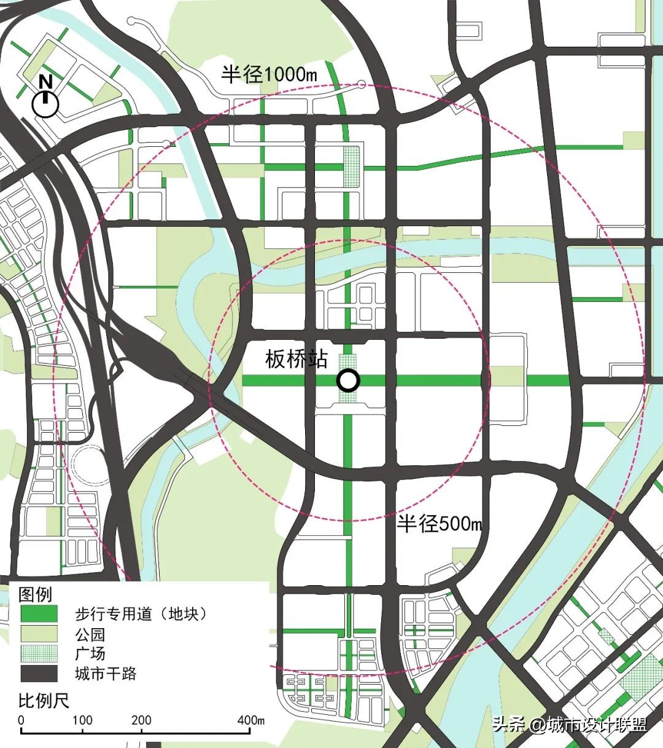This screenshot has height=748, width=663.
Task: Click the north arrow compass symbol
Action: point(45,99)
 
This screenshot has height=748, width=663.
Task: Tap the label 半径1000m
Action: point(269,74)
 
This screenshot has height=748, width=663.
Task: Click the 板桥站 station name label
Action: point(297,360)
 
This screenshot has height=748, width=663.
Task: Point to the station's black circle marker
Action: point(348,381)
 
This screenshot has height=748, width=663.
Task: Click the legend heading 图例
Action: point(36,594)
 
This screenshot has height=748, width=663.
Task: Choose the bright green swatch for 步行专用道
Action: point(39,613)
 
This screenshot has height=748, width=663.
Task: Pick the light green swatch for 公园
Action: point(39,634)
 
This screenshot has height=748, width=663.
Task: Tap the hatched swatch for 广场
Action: point(39,653)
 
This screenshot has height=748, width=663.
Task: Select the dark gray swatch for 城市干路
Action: point(39,674)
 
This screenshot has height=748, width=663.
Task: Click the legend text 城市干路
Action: point(106,674)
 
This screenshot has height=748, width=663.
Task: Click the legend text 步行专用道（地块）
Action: point(141,613)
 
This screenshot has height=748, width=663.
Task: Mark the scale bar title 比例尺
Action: point(44,701)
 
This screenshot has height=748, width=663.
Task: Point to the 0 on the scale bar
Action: point(21,720)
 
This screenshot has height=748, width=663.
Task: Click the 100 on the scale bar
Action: point(82,720)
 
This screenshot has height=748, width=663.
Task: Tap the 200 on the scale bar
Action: point(141,720)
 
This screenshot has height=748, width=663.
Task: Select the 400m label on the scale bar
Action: point(251,720)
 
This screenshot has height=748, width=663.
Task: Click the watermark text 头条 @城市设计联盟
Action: point(569,725)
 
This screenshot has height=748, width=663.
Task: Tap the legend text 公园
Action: point(90,634)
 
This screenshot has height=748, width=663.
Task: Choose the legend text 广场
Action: point(90,653)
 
